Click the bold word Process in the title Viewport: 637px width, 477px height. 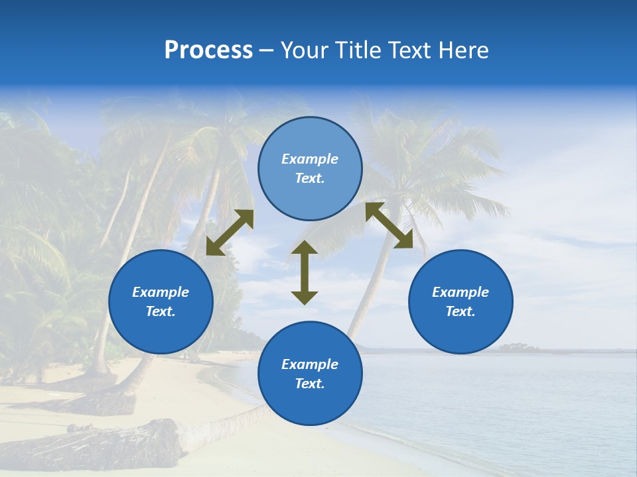click(208, 50)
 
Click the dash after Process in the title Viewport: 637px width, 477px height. click(267, 52)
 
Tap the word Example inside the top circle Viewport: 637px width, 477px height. click(310, 159)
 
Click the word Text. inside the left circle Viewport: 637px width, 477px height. click(161, 311)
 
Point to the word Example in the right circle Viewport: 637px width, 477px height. click(460, 292)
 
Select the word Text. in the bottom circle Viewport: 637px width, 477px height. click(310, 384)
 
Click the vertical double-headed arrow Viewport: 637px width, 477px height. click(305, 272)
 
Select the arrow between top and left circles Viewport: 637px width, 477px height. click(230, 233)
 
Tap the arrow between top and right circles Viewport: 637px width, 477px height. click(389, 225)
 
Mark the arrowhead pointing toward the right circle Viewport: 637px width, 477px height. click(404, 240)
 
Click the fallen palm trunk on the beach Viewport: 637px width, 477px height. click(100, 444)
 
